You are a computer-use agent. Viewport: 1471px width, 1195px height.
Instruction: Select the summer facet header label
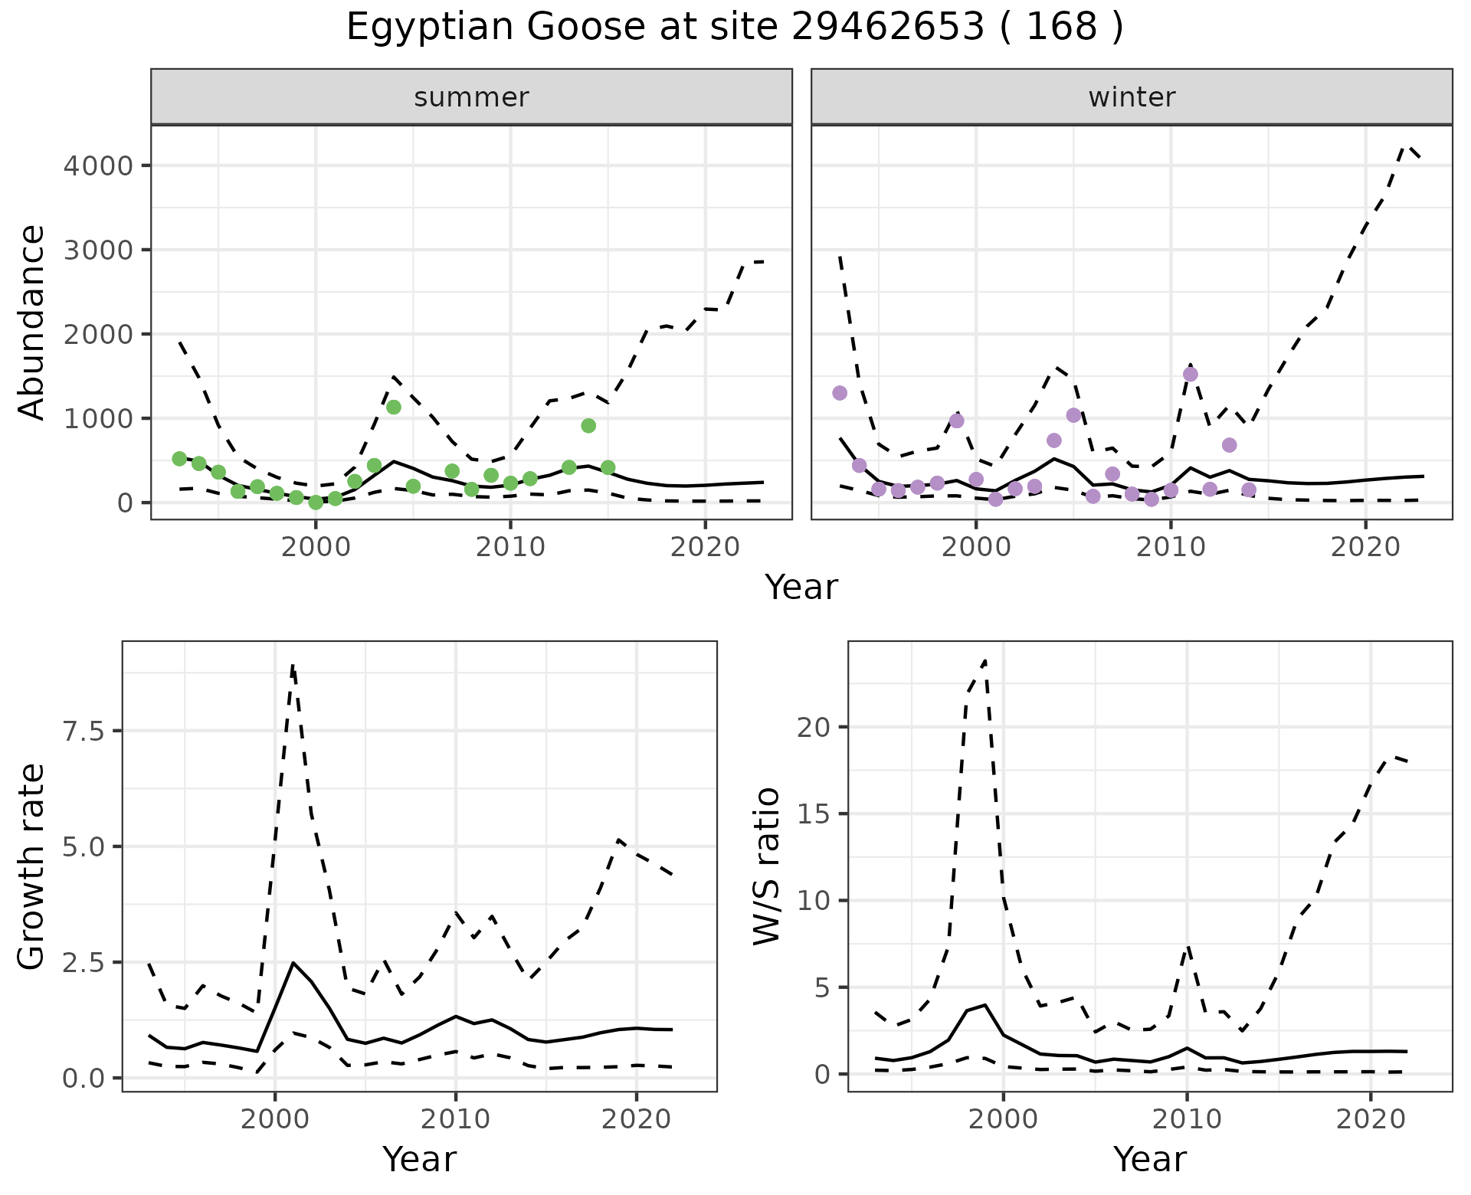[x=471, y=97]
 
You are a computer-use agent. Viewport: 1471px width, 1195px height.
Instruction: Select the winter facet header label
[x=1132, y=97]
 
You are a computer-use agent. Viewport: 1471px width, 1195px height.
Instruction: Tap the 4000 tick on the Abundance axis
[x=98, y=165]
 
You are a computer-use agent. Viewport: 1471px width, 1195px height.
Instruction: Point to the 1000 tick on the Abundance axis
[x=98, y=418]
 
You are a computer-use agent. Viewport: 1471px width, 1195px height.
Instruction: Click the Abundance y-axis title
[x=32, y=322]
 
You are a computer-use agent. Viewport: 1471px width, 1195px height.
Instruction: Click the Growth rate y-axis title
[x=32, y=866]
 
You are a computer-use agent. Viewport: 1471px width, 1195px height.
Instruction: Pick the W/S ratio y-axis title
[x=767, y=866]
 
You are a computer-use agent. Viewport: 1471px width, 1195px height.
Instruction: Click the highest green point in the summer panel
[x=394, y=407]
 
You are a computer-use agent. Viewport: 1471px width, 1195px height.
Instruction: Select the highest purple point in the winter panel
[x=1190, y=375]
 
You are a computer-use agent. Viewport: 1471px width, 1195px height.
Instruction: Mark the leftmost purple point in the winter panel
[x=840, y=393]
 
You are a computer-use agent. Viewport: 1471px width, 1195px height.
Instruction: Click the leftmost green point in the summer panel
[x=179, y=459]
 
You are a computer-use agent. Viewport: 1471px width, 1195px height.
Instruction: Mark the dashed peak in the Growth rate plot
[x=293, y=666]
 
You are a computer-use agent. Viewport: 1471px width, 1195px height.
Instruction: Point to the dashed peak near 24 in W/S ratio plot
[x=984, y=660]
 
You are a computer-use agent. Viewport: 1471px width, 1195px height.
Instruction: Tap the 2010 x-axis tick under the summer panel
[x=509, y=547]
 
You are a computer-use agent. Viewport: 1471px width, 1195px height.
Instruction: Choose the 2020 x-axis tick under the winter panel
[x=1365, y=547]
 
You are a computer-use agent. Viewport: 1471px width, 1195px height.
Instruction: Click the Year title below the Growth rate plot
[x=419, y=1159]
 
